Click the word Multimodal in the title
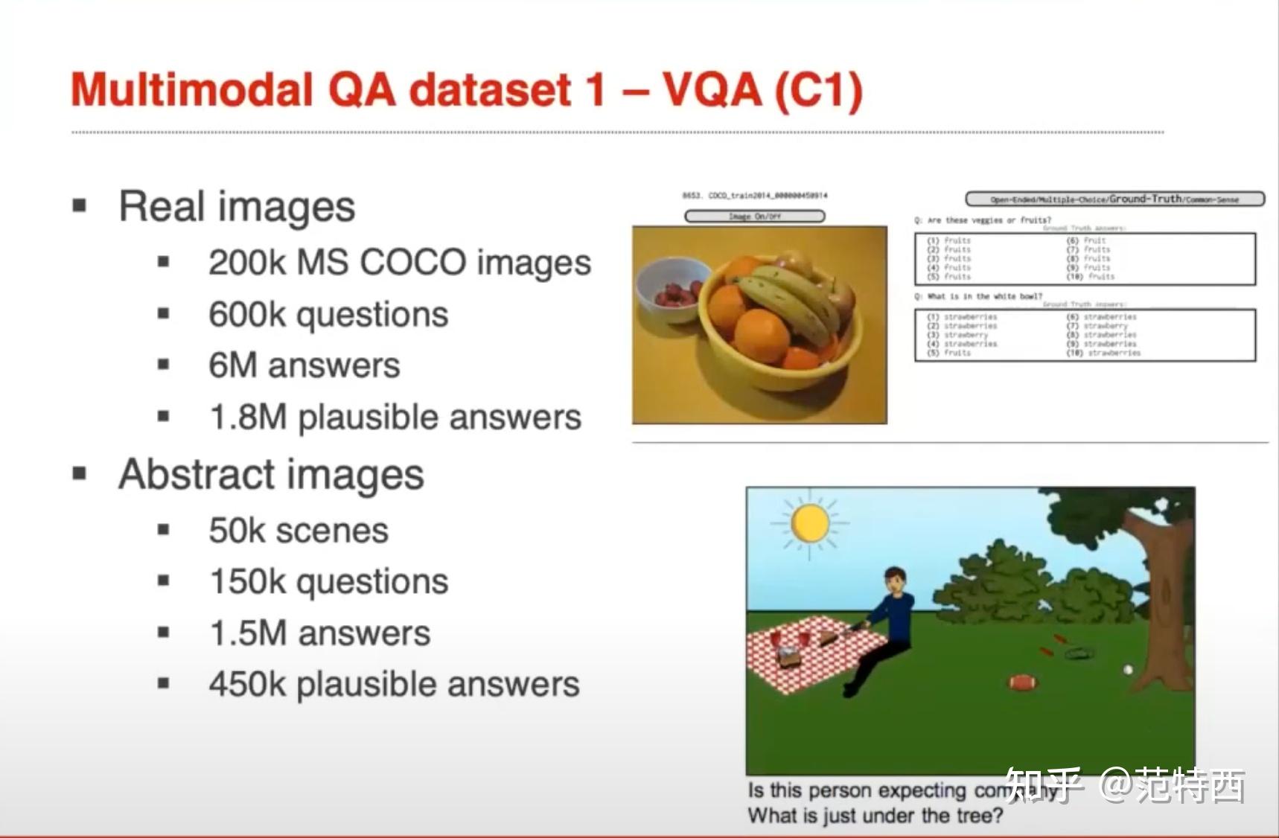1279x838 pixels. (192, 91)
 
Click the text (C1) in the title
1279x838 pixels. (817, 91)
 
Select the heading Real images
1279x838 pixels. (237, 207)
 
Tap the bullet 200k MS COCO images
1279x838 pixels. (399, 263)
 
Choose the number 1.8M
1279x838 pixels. (248, 418)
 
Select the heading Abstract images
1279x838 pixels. (271, 475)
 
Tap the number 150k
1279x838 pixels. (248, 582)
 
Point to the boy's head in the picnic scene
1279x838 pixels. (896, 579)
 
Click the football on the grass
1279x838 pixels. (1023, 682)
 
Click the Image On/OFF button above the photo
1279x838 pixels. (754, 217)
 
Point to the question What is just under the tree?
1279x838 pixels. (875, 816)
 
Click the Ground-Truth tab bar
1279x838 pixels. (1114, 199)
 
